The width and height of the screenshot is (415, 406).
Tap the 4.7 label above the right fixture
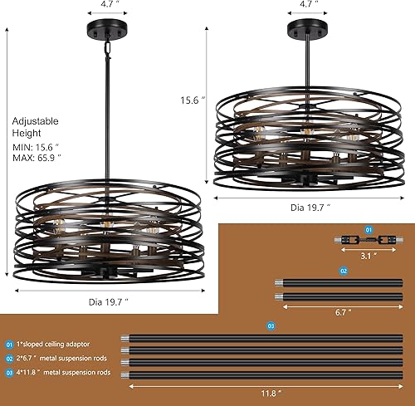pos(309,5)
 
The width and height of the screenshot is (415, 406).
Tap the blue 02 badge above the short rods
pos(343,271)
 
